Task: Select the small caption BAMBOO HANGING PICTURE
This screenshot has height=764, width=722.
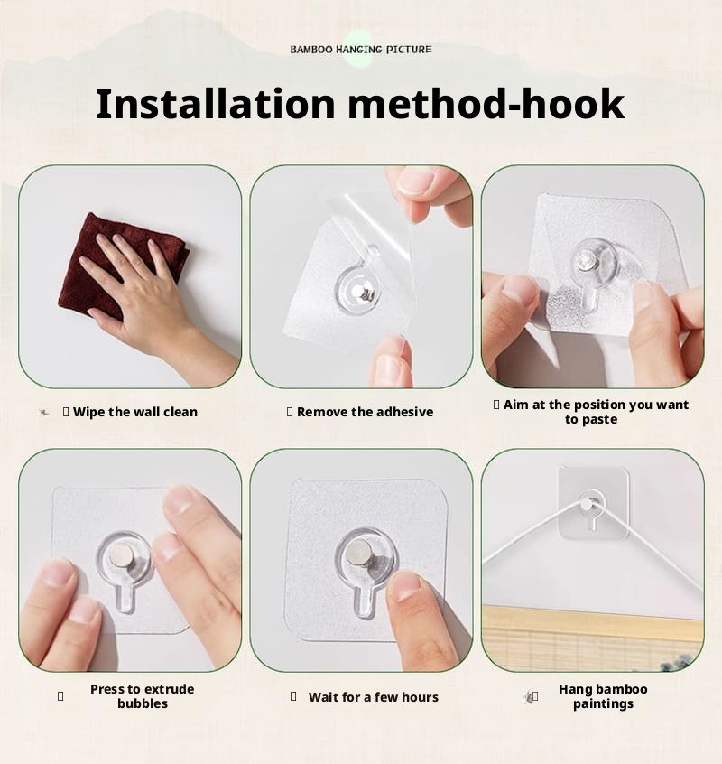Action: (361, 49)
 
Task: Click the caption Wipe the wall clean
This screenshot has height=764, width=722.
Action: (134, 412)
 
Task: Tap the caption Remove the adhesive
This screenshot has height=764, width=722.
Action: (365, 412)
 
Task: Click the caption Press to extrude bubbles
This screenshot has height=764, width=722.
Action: (142, 696)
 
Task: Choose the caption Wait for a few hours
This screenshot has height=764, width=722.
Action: (373, 697)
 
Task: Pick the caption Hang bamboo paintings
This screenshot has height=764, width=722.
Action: (603, 696)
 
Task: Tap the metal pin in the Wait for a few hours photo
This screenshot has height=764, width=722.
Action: (356, 555)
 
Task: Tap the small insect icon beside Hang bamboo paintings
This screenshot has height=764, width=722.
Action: (530, 696)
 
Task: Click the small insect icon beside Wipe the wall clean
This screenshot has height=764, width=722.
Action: (44, 413)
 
